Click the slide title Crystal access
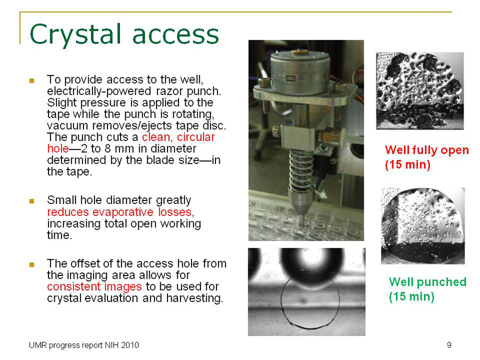[x=124, y=35]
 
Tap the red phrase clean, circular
[x=179, y=137]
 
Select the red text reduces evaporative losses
[x=120, y=212]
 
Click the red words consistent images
[x=94, y=287]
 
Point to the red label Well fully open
[x=426, y=150]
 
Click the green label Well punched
[x=427, y=282]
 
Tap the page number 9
[x=449, y=345]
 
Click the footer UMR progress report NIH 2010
[x=83, y=345]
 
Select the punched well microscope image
[x=422, y=226]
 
